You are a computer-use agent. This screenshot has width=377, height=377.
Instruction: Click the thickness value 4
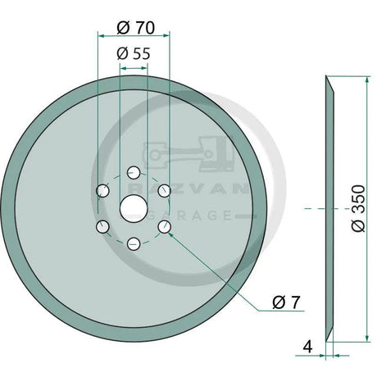[307, 347]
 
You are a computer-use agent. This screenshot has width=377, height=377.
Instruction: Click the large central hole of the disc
[133, 208]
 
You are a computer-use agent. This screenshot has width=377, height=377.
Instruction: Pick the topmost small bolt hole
[133, 173]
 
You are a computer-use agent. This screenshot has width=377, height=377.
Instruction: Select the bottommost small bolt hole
[133, 243]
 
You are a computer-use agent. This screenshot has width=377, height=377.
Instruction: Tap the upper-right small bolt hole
[164, 190]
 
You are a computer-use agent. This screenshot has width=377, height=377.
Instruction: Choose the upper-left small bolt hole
[102, 190]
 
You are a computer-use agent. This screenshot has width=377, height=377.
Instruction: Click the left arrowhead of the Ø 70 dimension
[99, 36]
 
